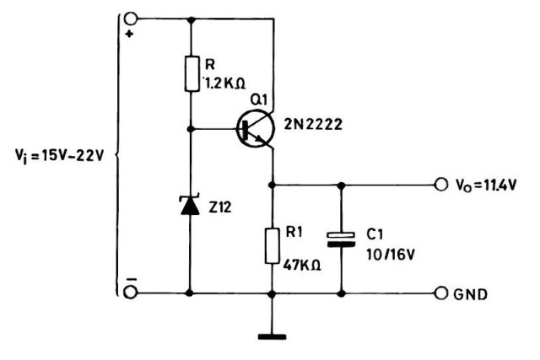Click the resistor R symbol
point(191,72)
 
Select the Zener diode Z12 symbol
point(191,204)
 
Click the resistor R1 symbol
point(273,244)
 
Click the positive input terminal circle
point(131,19)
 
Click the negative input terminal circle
point(131,292)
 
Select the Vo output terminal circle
point(439,184)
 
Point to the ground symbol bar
point(273,339)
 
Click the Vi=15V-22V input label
point(54,156)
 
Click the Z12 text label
point(221,205)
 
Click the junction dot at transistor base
point(191,129)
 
